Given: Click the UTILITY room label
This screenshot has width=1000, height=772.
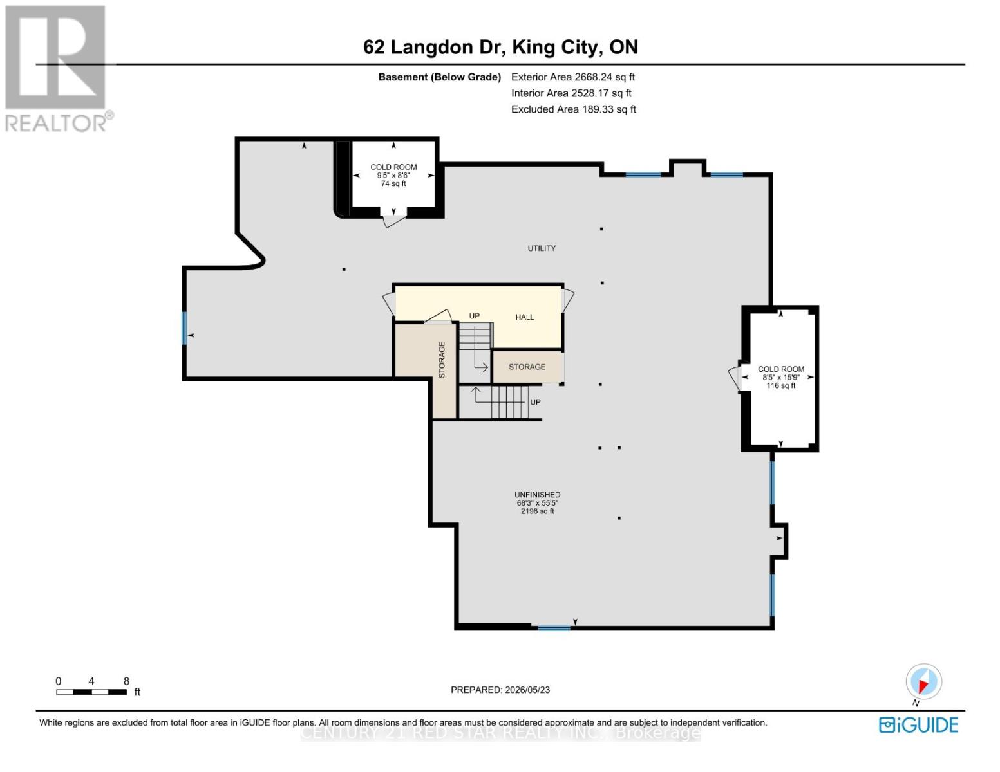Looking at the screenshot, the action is (x=541, y=248).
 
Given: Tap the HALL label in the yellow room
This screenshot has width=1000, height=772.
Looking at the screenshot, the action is (x=524, y=317).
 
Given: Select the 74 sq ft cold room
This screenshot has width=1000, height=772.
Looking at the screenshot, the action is (x=393, y=175).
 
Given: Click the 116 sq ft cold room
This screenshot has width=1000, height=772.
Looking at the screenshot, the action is (x=780, y=377).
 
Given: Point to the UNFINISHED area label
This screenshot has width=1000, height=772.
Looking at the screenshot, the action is (x=537, y=495).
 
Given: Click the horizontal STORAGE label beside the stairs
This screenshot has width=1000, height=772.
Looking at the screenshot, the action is (x=527, y=367).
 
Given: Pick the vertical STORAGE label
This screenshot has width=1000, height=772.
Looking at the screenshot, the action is (x=442, y=360).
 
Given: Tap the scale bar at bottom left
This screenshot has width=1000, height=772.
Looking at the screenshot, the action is (x=91, y=692).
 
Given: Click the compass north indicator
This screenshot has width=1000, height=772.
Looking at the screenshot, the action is (x=923, y=681).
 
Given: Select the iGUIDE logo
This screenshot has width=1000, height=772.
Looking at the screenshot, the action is (x=919, y=724).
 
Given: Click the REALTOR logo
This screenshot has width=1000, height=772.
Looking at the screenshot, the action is (x=57, y=68).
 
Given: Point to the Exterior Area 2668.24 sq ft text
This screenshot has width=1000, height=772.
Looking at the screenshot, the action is (x=573, y=77).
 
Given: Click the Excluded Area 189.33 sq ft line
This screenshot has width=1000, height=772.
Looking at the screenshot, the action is (x=573, y=109).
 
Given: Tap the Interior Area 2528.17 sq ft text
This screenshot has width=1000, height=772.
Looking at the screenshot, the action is (x=571, y=93).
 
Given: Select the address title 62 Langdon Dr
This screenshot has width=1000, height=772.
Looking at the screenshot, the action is (x=435, y=48).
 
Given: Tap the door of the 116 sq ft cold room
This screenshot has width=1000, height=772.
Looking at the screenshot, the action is (x=734, y=378).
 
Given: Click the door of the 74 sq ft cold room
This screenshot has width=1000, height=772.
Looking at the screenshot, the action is (x=394, y=221).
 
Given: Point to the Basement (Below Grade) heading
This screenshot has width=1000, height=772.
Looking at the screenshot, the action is (x=439, y=77).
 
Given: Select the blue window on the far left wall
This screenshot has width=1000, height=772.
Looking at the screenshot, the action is (x=184, y=328).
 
